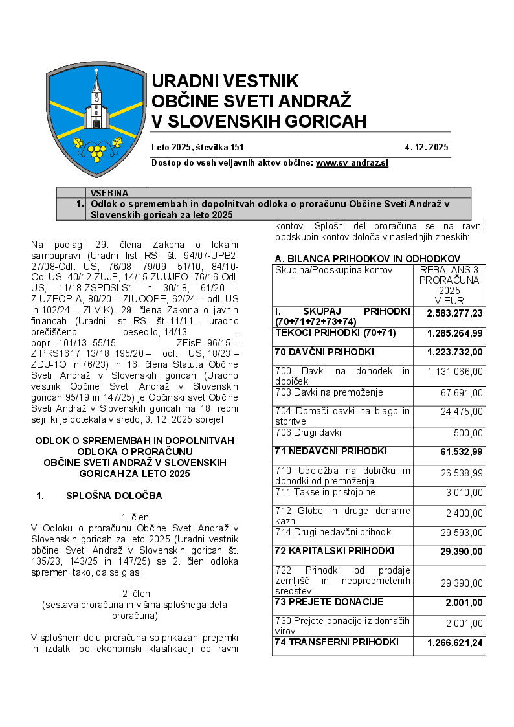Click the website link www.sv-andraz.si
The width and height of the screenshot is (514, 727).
[x=352, y=163]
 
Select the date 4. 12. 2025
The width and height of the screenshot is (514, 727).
[x=427, y=147]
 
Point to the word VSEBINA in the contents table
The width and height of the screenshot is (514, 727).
[x=109, y=193]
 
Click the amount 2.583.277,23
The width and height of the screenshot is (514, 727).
[x=454, y=313]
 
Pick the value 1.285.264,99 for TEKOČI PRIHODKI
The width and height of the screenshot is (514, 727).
[x=454, y=333]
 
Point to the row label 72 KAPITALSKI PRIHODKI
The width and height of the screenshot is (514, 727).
[x=334, y=551]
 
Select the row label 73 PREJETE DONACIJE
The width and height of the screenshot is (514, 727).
[x=329, y=602]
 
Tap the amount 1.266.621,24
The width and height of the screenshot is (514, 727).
[x=454, y=643]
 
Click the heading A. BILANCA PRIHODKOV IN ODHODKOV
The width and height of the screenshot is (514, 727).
[x=367, y=258]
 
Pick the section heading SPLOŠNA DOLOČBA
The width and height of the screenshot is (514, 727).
[x=114, y=496]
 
